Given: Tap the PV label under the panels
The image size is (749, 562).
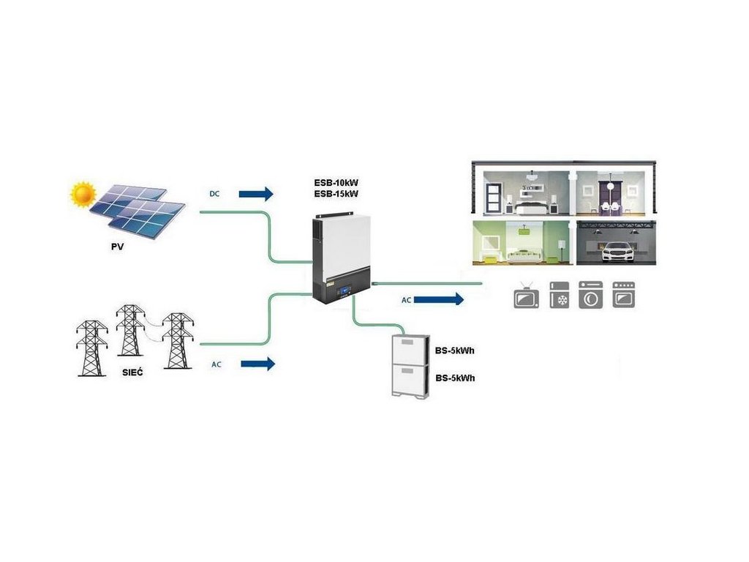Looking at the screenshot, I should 118,247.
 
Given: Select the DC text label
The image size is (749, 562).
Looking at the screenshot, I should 214,193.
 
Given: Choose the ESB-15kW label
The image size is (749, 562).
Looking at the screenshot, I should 335,193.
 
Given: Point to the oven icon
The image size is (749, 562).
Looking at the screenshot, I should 624,295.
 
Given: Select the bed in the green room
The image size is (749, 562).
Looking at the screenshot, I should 525,253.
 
